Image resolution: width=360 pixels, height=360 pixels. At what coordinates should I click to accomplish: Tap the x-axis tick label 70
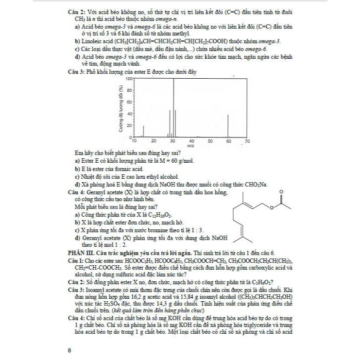(247, 141)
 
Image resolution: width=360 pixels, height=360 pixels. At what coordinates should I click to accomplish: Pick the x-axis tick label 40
(191, 141)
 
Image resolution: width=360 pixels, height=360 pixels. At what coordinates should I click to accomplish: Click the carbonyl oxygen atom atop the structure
(281, 192)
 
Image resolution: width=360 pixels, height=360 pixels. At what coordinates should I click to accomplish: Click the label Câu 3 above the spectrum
(76, 72)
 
